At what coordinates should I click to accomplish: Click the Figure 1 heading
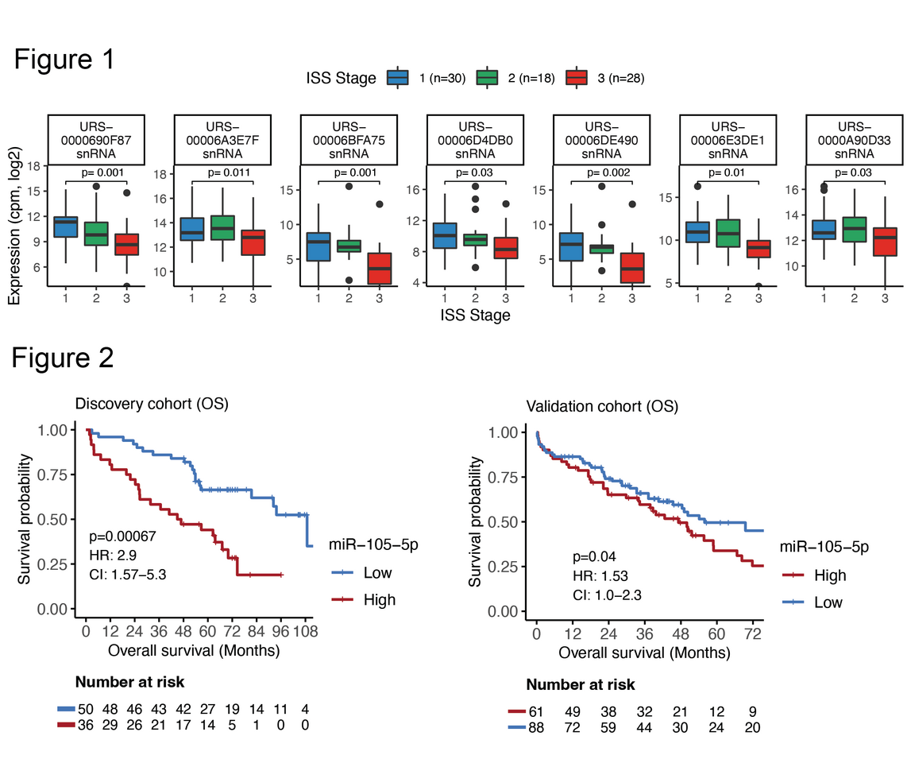click(64, 60)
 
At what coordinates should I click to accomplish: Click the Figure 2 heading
click(63, 358)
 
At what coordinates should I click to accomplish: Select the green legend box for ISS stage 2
click(487, 77)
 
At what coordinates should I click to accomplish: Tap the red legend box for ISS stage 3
click(576, 77)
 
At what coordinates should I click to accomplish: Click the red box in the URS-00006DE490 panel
click(632, 268)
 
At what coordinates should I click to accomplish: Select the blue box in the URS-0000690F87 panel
click(64, 227)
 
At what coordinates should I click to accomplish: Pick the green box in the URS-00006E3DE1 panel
click(728, 233)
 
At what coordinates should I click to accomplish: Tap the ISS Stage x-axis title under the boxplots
click(474, 316)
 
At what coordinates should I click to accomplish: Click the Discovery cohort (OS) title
click(152, 404)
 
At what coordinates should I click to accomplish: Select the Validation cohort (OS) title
click(601, 407)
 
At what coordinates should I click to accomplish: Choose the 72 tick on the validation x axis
click(747, 634)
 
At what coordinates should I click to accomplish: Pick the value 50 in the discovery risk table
click(85, 708)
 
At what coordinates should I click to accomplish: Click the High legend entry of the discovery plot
click(379, 600)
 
